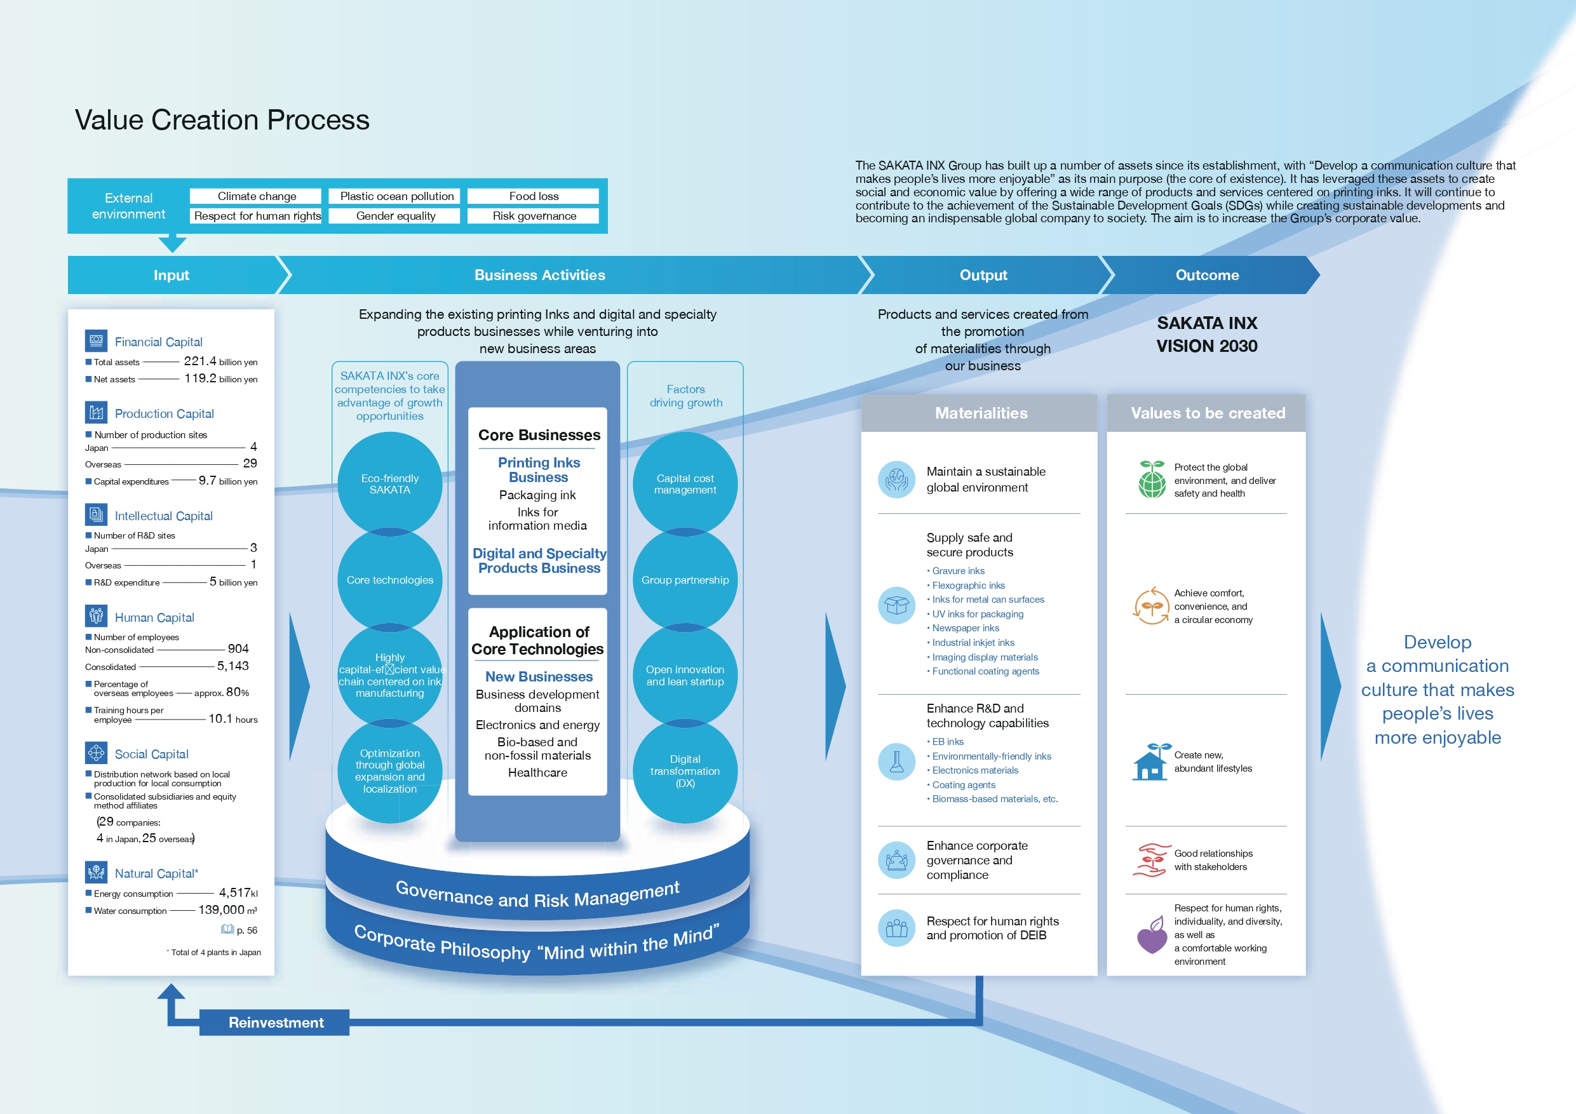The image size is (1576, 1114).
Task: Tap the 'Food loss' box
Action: (534, 196)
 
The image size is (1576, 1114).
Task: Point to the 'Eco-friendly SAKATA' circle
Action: (390, 484)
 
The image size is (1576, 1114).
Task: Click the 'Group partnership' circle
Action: (685, 580)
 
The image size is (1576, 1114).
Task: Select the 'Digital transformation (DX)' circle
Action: (685, 771)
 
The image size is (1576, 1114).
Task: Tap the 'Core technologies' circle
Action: (390, 580)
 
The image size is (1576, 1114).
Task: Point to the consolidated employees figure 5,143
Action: (232, 666)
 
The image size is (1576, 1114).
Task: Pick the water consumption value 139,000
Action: (221, 909)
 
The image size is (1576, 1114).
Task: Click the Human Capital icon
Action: (96, 615)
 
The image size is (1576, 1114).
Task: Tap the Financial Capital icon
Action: (96, 340)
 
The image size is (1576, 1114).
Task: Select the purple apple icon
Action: (1152, 935)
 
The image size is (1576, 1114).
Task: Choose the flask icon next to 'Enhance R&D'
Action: (896, 762)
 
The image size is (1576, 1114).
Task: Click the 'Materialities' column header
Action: (981, 413)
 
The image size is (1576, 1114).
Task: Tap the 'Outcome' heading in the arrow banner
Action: (1207, 275)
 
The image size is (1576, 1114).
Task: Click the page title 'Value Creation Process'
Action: (222, 120)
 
